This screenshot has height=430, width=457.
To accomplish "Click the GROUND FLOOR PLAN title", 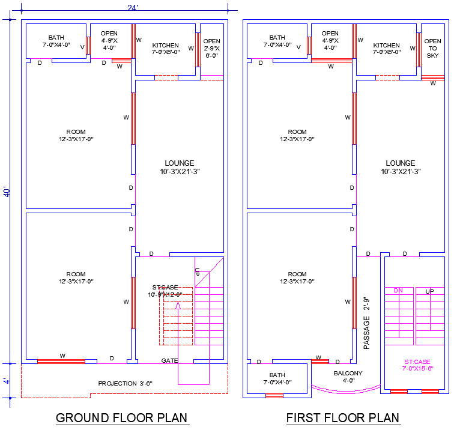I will [121, 417].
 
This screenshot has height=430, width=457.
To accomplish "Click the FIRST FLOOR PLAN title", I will [342, 417].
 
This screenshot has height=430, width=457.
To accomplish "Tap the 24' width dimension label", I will [133, 7].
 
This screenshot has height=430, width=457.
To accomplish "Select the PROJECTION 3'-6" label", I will [125, 383].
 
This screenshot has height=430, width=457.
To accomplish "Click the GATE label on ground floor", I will [169, 360].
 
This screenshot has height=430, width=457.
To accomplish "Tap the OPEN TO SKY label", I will [432, 48].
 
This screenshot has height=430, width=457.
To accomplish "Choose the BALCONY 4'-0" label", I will [348, 377].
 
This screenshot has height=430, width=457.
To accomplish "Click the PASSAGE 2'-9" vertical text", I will [366, 324].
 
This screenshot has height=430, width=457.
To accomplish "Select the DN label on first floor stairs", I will [398, 291].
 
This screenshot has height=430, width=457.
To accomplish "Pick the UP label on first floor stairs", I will [429, 291].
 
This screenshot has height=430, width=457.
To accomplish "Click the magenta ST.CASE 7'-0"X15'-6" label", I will [417, 365].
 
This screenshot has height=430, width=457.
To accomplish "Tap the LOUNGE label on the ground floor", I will [179, 167].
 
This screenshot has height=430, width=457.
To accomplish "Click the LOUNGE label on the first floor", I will [400, 167].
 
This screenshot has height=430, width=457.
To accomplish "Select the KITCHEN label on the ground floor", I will [165, 49].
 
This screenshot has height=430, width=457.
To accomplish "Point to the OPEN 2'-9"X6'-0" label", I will [211, 48].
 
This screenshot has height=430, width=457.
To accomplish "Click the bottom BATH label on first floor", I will [277, 378].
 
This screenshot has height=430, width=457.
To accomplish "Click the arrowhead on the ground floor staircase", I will [178, 306].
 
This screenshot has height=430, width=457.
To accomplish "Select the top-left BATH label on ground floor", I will [56, 41].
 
